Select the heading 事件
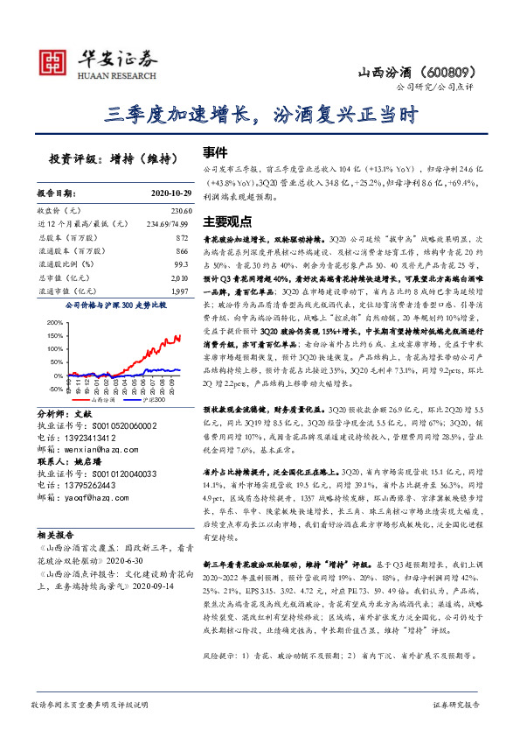click(x=216, y=150)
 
